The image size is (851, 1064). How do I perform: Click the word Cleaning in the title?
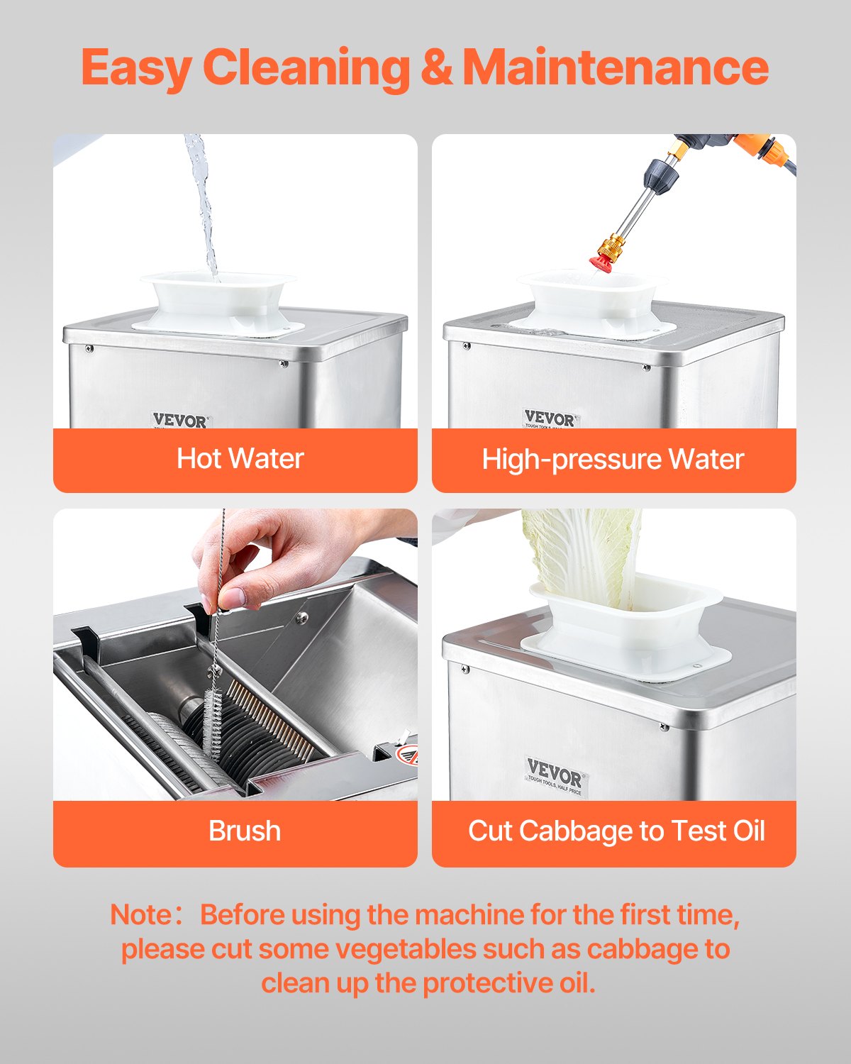[x=306, y=68]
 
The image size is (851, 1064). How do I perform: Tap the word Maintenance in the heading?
[x=616, y=68]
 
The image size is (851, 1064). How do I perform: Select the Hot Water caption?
[x=240, y=459]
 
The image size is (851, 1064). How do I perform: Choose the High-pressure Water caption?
[x=613, y=460]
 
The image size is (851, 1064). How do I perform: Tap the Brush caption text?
[x=245, y=831]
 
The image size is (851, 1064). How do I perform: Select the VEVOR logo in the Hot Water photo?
[x=180, y=420]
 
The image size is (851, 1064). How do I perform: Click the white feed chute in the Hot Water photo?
[x=218, y=301]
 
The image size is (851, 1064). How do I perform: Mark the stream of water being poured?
[x=204, y=206]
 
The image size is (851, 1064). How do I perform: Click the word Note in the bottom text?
[x=140, y=915]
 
